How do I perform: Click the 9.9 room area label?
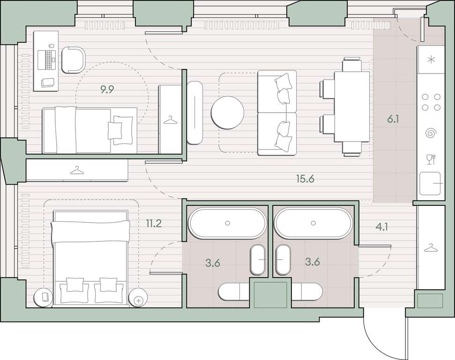[x=107, y=90]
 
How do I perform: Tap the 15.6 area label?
[x=305, y=179]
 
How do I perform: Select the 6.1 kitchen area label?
[x=393, y=119]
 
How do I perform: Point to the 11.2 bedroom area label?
[x=154, y=224]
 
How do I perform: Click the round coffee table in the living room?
[x=228, y=112]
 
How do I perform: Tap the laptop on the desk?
[x=46, y=60]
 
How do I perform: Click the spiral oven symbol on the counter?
[x=431, y=133]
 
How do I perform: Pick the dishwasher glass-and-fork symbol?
[x=431, y=159]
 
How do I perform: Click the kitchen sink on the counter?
[x=430, y=183]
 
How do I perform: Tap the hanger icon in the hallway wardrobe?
[x=431, y=248]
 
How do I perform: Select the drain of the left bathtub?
[x=228, y=223]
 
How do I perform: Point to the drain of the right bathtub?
[x=313, y=223]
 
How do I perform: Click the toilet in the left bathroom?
[x=234, y=292]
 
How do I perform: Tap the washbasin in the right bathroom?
[x=283, y=260]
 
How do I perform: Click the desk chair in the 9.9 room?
[x=74, y=60]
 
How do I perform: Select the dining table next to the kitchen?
[x=352, y=107]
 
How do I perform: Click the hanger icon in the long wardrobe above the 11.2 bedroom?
[x=77, y=171]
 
